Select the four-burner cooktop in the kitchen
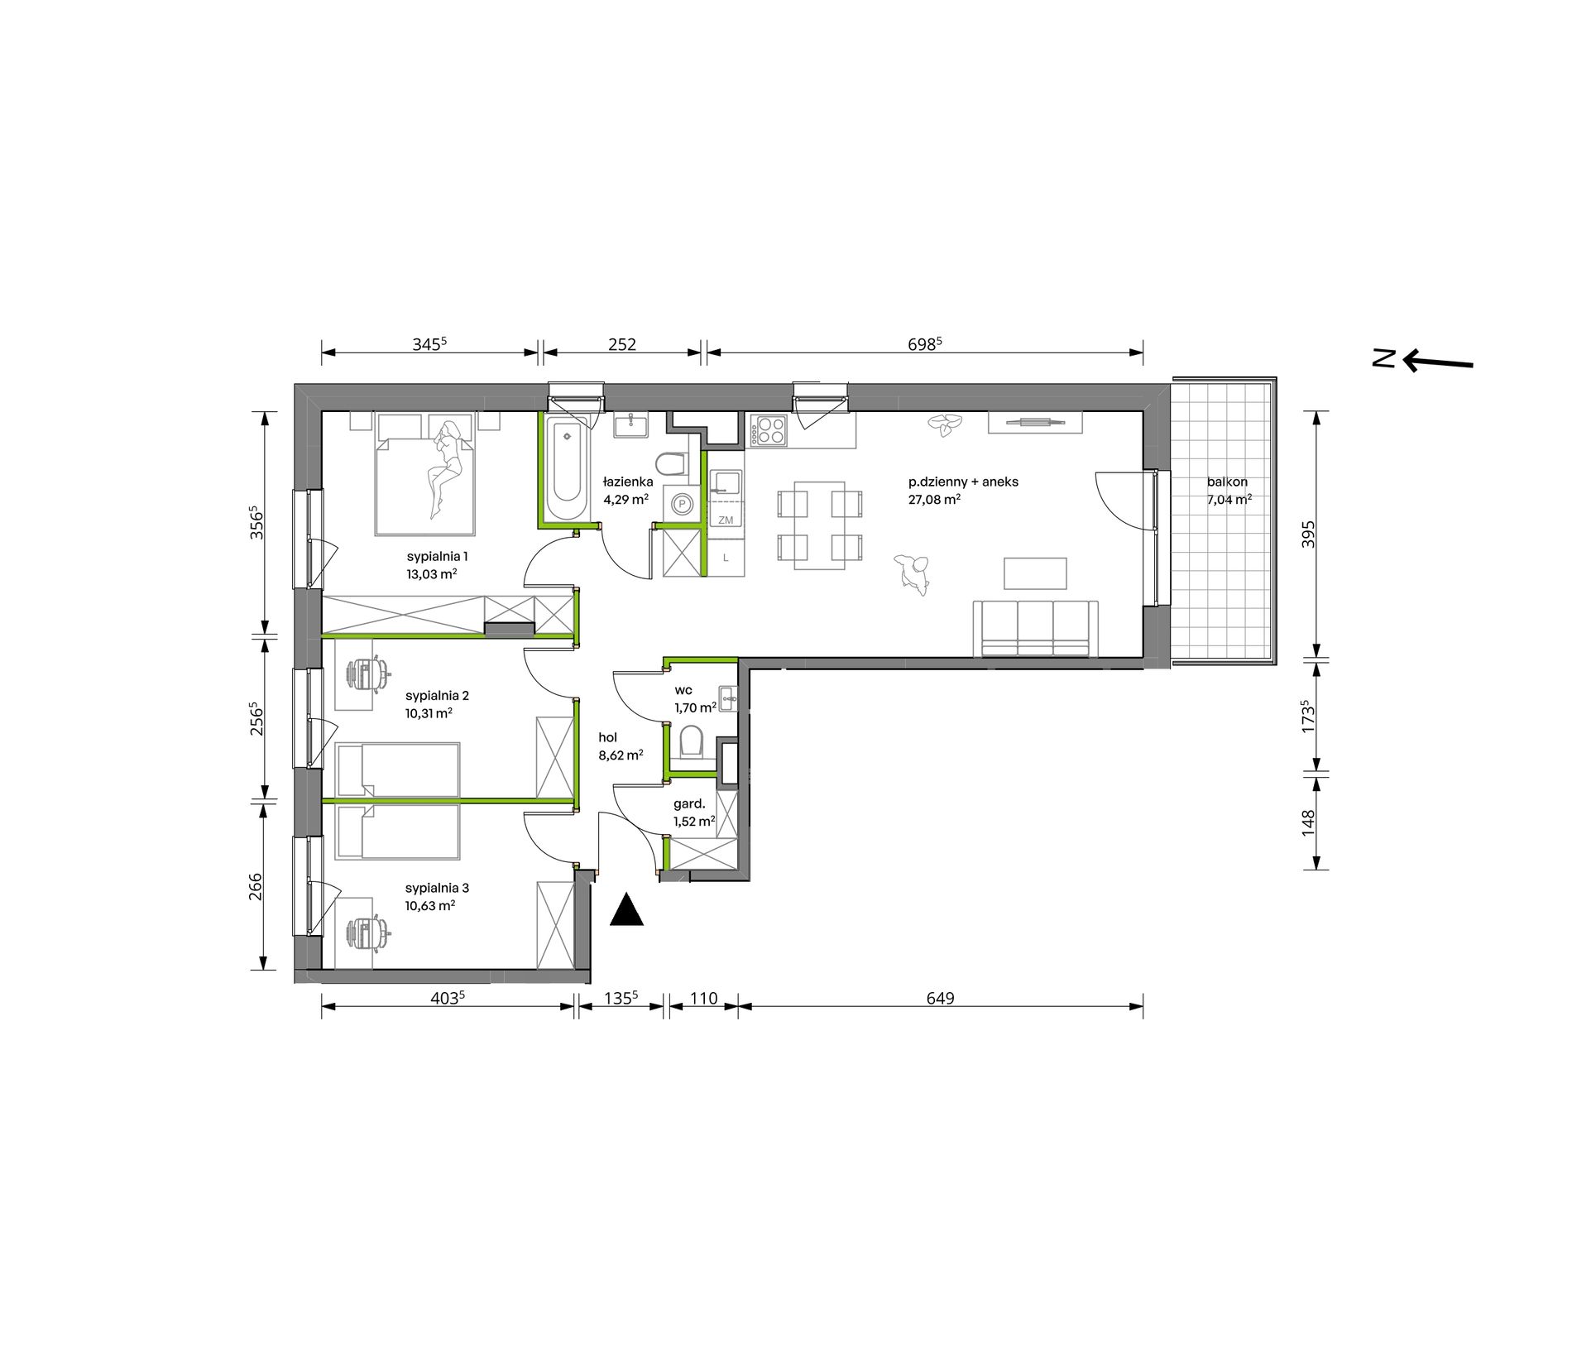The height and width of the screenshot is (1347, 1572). pos(767,430)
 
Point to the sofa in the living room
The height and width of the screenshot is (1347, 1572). pos(1035,629)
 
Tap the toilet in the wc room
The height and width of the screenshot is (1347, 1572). pos(690,741)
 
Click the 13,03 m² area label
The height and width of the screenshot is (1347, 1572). pos(432,574)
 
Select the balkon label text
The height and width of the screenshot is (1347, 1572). pos(1227,482)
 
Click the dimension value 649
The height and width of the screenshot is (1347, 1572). pos(940,998)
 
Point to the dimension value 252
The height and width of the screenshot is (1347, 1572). pos(622,344)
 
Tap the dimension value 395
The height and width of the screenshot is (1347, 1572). pos(1307,534)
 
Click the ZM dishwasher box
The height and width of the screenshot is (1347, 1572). pos(726,520)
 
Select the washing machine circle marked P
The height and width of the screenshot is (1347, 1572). pos(683,504)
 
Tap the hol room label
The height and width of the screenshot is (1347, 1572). pos(608,737)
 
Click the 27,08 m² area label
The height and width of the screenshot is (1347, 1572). pos(934,500)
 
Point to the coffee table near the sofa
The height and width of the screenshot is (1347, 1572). pos(1035,573)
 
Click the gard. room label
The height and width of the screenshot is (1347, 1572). pos(689,803)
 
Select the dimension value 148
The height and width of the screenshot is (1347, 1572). pos(1307,822)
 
